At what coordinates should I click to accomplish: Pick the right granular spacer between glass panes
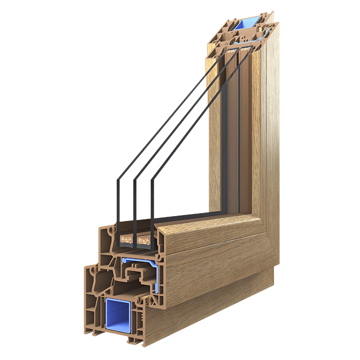click(x=144, y=242)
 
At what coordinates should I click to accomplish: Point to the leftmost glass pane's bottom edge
click(x=117, y=218)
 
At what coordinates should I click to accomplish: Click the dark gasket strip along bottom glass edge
click(x=188, y=218)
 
